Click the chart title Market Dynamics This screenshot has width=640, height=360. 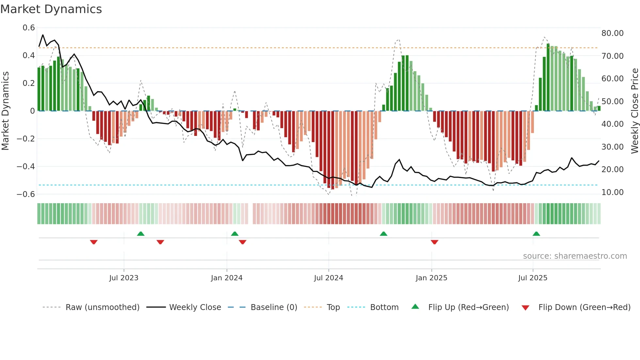tap(51, 9)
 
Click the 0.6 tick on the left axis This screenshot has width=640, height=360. tap(29, 28)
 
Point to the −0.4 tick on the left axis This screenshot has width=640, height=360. tap(26, 167)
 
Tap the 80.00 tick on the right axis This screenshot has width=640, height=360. tap(612, 33)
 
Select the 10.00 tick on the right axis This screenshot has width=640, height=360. tap(612, 192)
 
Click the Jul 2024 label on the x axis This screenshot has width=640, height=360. tap(328, 278)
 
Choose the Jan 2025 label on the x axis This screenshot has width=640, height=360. tap(431, 278)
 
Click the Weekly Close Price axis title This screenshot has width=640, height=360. tap(634, 111)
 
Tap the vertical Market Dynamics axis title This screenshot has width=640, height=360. tap(6, 111)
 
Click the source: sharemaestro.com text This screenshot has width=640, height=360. tap(575, 256)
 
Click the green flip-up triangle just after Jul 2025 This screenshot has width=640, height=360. tap(536, 234)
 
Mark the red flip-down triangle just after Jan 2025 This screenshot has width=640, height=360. tap(434, 242)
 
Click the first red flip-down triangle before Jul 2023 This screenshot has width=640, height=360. tap(94, 242)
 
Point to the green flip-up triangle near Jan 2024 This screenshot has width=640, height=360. tap(234, 234)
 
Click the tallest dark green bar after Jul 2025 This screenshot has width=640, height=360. tap(548, 77)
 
